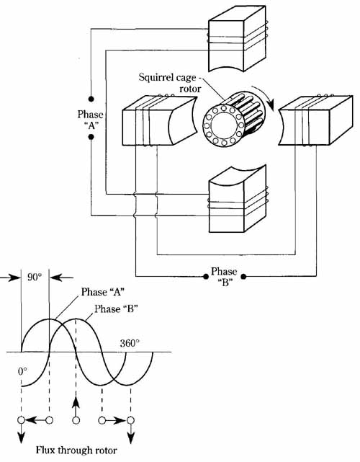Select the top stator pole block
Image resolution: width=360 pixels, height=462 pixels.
point(238,39)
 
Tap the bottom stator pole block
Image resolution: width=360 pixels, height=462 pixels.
point(238,199)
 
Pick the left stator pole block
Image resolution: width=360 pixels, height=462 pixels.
point(159,120)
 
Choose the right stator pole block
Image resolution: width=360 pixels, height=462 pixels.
point(315,120)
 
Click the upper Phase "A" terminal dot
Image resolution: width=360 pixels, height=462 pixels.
point(91,99)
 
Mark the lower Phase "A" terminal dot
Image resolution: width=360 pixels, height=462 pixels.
point(91,137)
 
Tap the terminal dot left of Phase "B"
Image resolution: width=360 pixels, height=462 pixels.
point(206,276)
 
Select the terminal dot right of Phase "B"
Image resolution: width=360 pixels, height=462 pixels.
point(243,276)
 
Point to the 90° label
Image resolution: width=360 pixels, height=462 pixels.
point(35,277)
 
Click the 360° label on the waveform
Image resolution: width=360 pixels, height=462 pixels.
point(130,344)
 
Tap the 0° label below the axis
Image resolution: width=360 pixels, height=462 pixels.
point(22,371)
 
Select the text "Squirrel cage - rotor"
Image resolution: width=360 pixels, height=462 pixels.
point(170,83)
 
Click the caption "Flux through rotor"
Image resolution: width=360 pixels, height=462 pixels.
point(76,450)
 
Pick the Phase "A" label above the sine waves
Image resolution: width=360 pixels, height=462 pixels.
point(103,292)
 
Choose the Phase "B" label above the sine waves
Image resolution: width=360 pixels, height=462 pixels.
point(116,308)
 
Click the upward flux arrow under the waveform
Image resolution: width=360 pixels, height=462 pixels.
point(76,406)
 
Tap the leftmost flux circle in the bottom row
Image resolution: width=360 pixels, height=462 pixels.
point(21,420)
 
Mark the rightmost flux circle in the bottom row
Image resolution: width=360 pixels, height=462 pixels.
point(131,420)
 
